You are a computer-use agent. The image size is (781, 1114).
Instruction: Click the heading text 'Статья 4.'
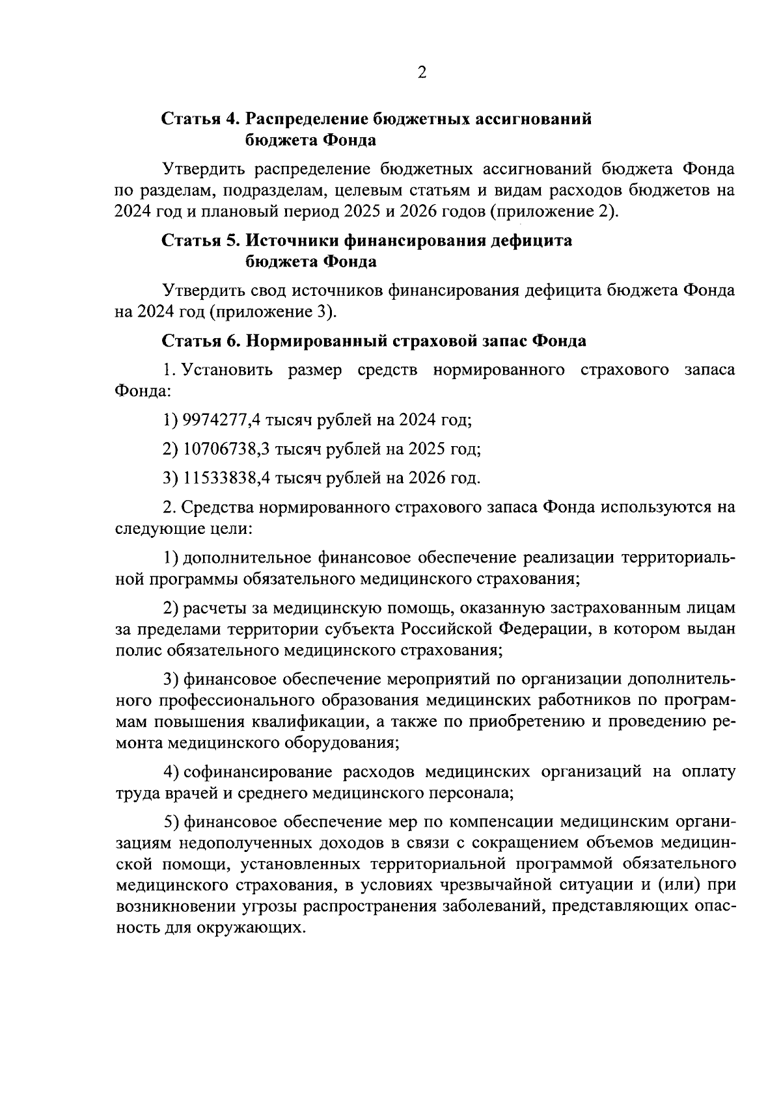pos(201,120)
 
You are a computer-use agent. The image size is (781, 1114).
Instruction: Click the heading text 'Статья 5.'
pos(201,241)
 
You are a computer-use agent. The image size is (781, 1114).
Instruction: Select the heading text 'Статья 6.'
pos(201,341)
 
